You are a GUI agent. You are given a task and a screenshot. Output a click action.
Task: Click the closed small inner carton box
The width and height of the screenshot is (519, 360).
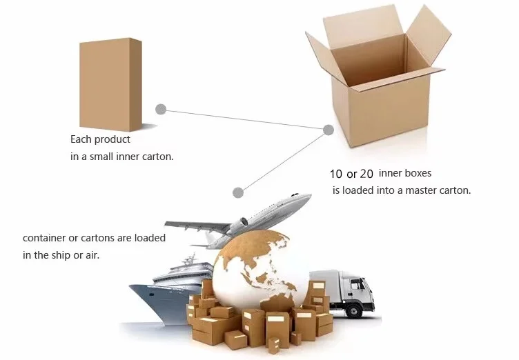coord(110,84)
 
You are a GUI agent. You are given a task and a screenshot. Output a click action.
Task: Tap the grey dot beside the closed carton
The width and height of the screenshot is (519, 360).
coord(161,109)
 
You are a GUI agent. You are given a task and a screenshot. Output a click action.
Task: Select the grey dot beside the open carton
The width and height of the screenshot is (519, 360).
coord(329,130)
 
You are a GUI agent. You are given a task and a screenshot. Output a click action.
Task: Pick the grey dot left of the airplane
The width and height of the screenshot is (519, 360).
coord(238,192)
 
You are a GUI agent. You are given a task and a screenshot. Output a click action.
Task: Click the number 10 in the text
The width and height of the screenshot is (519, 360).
coord(336,174)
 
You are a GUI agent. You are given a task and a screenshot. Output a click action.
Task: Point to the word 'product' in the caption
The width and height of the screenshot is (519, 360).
coord(112,139)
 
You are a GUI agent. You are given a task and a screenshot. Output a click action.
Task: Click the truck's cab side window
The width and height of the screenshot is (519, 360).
coord(358,285)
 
